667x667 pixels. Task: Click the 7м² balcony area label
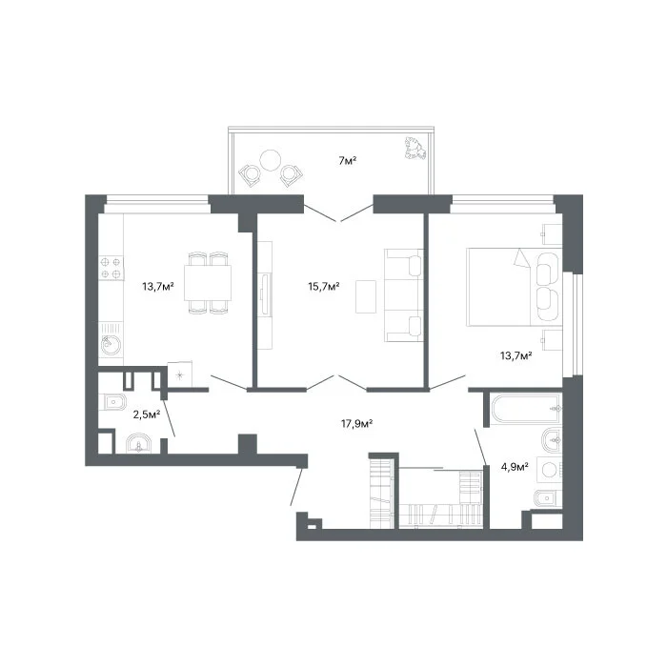coord(347,161)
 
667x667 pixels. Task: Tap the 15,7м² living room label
coord(324,286)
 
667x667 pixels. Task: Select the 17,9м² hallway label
coord(357,424)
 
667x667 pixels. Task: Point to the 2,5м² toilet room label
coord(147,414)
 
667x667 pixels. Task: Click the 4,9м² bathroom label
coord(515,467)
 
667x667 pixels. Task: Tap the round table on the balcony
coord(270,160)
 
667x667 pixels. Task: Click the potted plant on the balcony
coord(414,148)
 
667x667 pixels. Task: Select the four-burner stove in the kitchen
coord(111,268)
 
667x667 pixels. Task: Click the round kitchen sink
coord(111,345)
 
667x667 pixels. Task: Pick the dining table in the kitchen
coord(208,283)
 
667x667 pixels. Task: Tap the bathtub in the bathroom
coord(526,409)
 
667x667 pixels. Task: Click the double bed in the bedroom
coord(515,287)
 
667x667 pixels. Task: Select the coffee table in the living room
coord(366,296)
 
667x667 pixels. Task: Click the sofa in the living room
coord(404,295)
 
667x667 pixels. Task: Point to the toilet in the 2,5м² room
coord(112,401)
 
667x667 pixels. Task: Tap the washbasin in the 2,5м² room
coord(139,444)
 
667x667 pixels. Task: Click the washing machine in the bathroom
coord(550,470)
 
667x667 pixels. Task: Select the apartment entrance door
coord(296,487)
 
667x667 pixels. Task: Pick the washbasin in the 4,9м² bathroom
coord(552,440)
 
